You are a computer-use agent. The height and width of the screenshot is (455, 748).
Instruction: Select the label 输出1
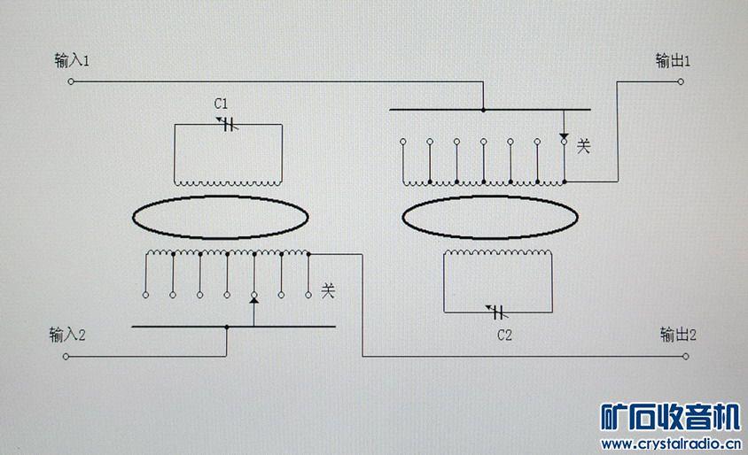coord(673,61)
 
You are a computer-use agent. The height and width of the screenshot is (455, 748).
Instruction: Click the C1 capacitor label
coord(222,104)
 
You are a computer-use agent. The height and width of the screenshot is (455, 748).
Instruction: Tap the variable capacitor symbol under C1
coord(228,125)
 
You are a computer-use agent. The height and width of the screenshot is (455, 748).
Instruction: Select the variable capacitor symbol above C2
coord(496,312)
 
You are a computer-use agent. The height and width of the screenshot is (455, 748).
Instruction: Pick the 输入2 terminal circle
coord(66,357)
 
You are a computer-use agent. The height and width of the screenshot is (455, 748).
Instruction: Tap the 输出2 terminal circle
coord(685,357)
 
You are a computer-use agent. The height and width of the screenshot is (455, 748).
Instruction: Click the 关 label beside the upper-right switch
coord(583,145)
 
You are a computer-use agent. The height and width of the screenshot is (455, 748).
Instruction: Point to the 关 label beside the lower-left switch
coord(328,289)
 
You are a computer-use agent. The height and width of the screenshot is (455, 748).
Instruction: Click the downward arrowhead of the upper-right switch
coord(564,138)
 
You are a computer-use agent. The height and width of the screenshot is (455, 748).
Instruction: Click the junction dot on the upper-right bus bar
coord(483,110)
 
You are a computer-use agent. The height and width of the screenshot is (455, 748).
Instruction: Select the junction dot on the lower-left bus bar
coord(227,327)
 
